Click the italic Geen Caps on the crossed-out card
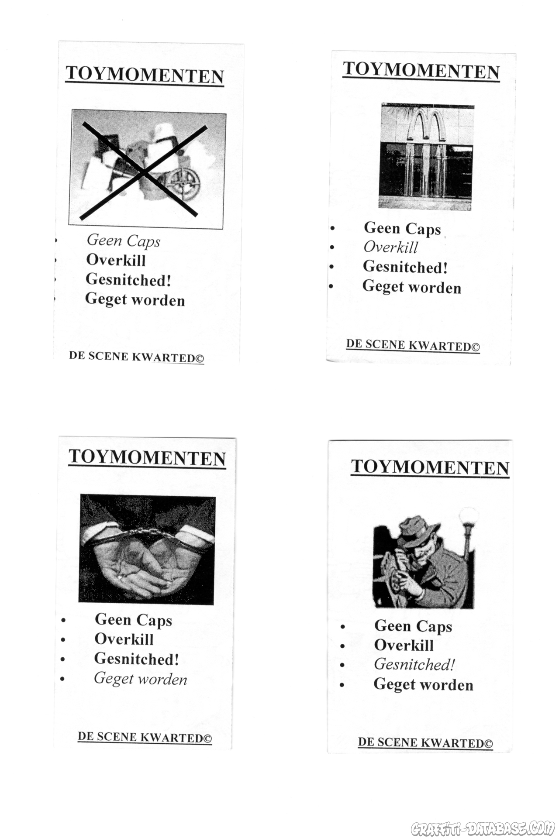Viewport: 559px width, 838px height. (124, 240)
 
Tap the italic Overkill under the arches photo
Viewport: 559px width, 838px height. (390, 247)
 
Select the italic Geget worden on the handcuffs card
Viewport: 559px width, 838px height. (140, 679)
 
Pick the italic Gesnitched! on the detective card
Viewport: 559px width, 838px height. (414, 664)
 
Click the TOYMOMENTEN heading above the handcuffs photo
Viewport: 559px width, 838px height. (147, 457)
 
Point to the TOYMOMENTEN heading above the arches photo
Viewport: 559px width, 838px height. (421, 71)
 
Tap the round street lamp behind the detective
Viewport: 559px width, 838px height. (468, 515)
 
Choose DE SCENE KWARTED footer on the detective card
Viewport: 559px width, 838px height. (425, 743)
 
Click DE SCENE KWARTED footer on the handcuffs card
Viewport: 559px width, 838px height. (145, 738)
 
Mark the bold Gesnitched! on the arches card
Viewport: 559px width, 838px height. (405, 267)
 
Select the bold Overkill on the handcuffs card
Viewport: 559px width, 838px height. (124, 639)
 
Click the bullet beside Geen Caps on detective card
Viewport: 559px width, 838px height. (343, 627)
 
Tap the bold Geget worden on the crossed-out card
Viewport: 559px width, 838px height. (135, 300)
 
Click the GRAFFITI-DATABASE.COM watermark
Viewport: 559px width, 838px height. (483, 828)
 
